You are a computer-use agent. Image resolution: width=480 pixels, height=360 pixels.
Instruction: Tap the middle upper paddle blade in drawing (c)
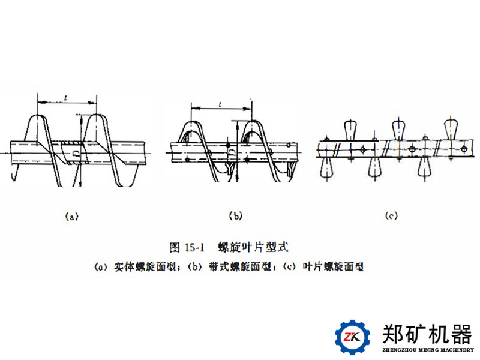pos(398,128)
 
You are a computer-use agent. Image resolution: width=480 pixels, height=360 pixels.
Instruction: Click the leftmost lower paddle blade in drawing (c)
pos(326,167)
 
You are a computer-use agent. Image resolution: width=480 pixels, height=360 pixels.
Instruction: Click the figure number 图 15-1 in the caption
pos(188,247)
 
